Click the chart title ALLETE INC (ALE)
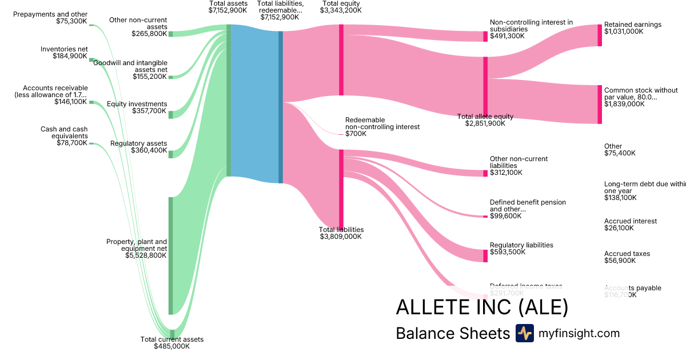click(x=482, y=307)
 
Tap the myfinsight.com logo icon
click(x=524, y=333)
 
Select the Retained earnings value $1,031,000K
click(x=624, y=32)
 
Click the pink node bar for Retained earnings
click(x=600, y=35)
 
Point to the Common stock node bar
click(x=600, y=105)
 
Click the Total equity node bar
click(x=341, y=60)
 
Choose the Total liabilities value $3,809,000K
click(x=341, y=237)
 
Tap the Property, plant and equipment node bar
click(x=170, y=255)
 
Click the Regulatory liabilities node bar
click(x=485, y=255)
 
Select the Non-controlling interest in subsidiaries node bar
click(x=485, y=37)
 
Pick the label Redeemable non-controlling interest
click(x=382, y=123)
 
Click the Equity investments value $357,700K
click(x=146, y=111)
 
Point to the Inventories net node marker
click(x=91, y=59)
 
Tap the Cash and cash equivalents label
click(x=65, y=133)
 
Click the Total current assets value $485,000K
click(x=172, y=346)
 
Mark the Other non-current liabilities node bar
click(x=485, y=173)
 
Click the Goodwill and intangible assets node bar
click(x=170, y=77)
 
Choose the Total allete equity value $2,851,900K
click(x=485, y=123)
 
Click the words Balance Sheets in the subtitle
click(x=452, y=334)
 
